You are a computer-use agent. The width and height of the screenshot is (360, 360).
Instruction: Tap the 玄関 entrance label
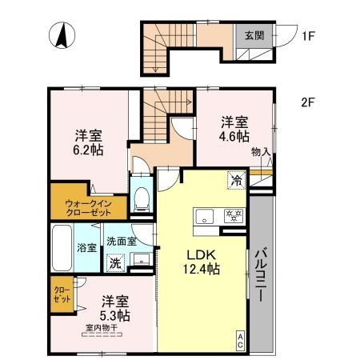point(254,34)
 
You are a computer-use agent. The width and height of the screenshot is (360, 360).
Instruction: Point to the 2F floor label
point(307,102)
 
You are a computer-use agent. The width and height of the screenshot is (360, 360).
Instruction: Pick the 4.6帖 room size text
point(234,136)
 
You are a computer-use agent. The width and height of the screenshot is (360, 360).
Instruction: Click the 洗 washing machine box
point(115,262)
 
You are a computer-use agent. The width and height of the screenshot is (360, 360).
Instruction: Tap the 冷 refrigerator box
point(237,181)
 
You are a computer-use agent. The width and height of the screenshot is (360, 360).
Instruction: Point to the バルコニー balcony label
point(262,272)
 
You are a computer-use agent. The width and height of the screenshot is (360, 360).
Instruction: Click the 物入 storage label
point(260,151)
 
